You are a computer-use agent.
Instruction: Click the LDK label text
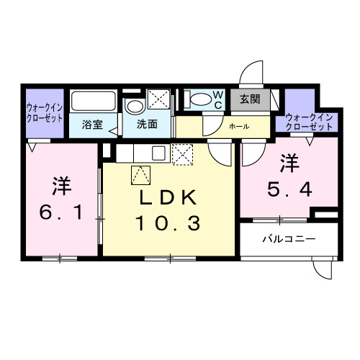(x=169, y=199)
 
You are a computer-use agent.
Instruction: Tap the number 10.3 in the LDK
(x=169, y=223)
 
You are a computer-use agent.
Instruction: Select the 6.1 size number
(x=60, y=214)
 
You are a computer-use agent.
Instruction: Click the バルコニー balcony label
(x=288, y=238)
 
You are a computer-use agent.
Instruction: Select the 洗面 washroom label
(x=148, y=124)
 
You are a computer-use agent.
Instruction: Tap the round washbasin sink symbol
(x=134, y=107)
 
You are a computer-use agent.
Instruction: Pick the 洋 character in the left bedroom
(x=60, y=186)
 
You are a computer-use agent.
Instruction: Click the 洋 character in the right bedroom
(x=289, y=163)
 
